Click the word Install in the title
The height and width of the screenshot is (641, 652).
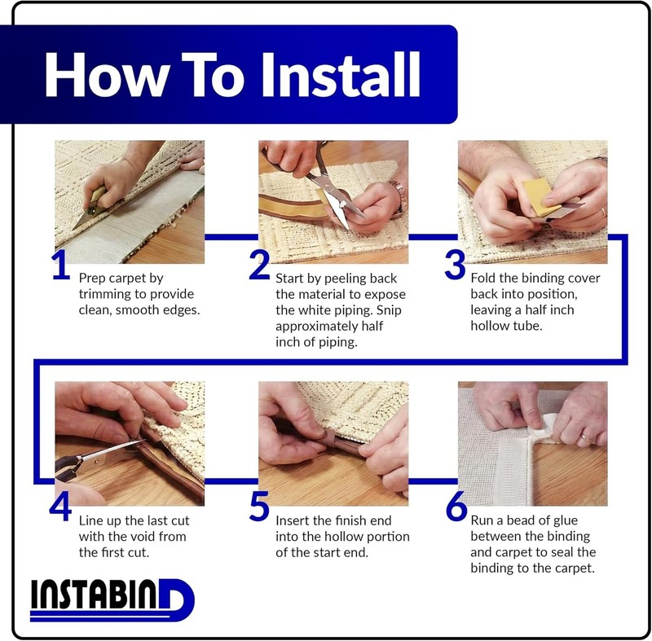click(341, 75)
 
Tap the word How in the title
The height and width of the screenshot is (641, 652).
click(107, 75)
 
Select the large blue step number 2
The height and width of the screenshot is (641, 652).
click(259, 265)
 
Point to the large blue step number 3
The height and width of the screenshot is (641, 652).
click(455, 265)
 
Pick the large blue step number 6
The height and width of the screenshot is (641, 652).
click(456, 506)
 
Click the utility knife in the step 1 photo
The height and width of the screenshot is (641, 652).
click(92, 208)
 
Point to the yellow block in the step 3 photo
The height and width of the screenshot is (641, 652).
click(541, 197)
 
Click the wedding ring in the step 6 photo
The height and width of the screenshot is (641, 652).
click(586, 438)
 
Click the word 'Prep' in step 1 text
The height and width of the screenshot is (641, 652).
click(91, 279)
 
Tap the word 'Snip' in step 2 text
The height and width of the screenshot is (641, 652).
click(389, 311)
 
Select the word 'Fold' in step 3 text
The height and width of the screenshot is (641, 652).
click(483, 278)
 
